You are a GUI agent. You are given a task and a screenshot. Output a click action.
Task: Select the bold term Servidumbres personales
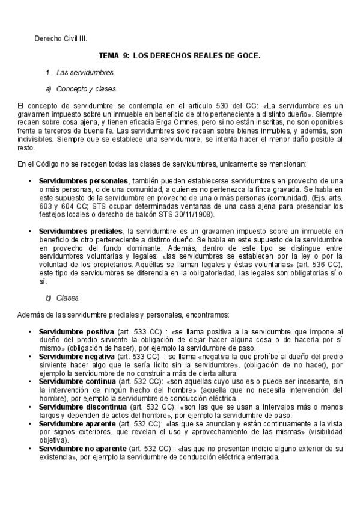coord(83,180)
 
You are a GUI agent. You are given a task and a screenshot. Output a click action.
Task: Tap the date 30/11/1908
coord(191,214)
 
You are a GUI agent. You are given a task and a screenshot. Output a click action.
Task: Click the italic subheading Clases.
coord(68,298)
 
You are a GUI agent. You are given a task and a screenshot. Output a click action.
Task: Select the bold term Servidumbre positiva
coord(76,331)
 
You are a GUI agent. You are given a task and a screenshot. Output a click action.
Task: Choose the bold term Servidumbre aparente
coord(78,423)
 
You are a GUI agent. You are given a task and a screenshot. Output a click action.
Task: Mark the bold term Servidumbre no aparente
coord(82,449)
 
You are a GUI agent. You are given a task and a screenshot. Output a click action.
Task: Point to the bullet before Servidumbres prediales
coord(30,231)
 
